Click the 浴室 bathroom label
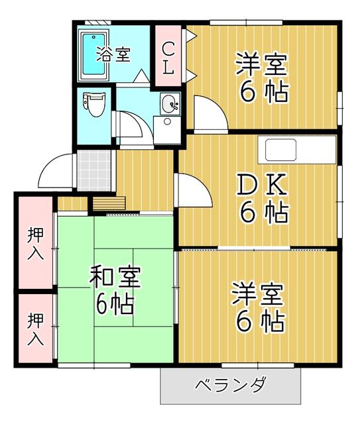pyautogui.click(x=113, y=54)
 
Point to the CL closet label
pyautogui.click(x=169, y=57)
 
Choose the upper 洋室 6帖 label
pyautogui.click(x=263, y=79)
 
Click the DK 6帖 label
pyautogui.click(x=263, y=199)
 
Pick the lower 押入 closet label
pyautogui.click(x=36, y=329)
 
